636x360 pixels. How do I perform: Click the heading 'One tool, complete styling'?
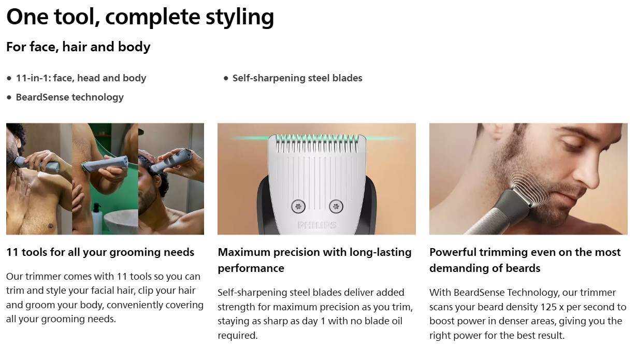(140, 17)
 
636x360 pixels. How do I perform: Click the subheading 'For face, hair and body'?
(78, 47)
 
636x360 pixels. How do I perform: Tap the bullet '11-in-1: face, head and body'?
(81, 78)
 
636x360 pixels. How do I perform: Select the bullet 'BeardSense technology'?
(69, 97)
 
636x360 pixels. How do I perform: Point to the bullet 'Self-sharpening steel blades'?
(297, 78)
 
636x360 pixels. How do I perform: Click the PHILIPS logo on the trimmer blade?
(317, 225)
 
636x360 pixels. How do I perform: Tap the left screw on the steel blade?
(298, 206)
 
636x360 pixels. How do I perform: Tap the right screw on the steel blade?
(336, 206)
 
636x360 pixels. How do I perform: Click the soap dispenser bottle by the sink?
(97, 219)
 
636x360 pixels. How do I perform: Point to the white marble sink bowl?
(121, 222)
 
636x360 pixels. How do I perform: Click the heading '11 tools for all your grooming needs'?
(100, 252)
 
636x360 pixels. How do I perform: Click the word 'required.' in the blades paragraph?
(238, 335)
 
